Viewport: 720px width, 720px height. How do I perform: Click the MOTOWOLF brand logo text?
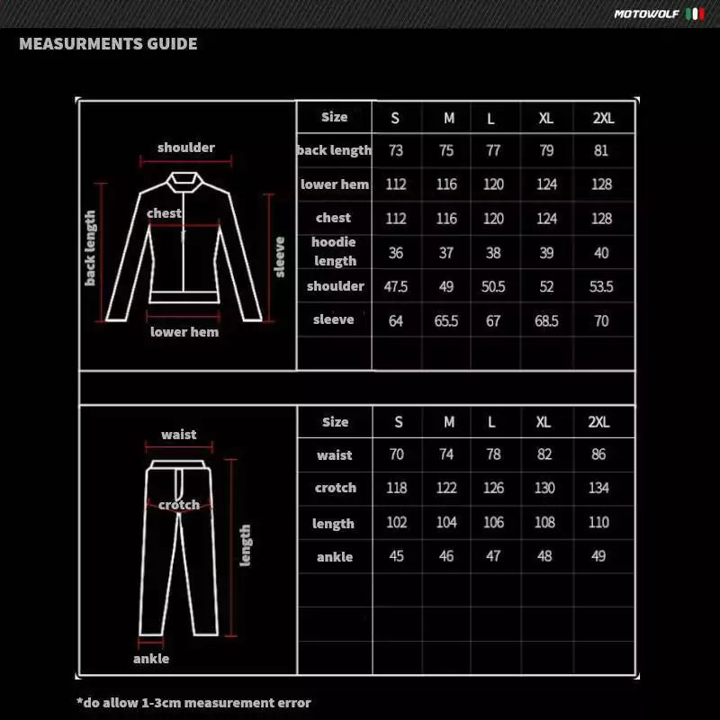click(646, 14)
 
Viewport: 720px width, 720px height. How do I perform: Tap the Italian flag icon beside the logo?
click(695, 14)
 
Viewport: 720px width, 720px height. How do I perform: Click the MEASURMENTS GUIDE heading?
click(108, 43)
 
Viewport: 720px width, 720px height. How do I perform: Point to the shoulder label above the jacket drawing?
click(186, 148)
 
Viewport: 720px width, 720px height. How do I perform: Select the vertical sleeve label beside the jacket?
click(280, 256)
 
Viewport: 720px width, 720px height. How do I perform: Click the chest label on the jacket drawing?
click(164, 213)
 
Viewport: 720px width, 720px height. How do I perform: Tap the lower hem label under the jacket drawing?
click(184, 331)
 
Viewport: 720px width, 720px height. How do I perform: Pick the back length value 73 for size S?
click(396, 150)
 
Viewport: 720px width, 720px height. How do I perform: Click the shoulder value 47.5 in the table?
click(396, 286)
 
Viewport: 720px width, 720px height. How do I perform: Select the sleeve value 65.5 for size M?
click(446, 320)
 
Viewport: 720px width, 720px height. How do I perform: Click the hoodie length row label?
click(335, 251)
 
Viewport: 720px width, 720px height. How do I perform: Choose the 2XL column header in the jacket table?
click(603, 118)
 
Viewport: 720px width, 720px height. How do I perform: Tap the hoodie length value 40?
click(601, 253)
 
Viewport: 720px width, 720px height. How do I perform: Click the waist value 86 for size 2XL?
click(598, 454)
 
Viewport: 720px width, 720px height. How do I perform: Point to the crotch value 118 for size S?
click(396, 488)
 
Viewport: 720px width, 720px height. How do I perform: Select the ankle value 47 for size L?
click(492, 556)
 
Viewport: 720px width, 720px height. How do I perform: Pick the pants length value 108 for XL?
click(544, 522)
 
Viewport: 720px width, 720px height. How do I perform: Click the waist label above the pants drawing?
click(179, 435)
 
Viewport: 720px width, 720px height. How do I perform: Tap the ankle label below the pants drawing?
click(151, 658)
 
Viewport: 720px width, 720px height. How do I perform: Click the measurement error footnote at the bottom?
click(193, 702)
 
